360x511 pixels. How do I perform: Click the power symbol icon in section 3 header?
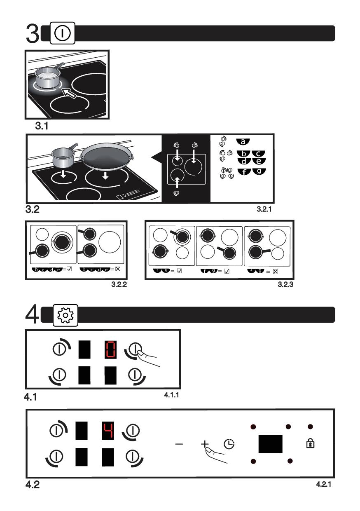(62, 33)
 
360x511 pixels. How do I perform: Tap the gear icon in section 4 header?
(65, 315)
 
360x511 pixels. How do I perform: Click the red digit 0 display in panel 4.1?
(110, 350)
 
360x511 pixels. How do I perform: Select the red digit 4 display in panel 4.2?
(108, 431)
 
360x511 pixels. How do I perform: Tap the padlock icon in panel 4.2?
(310, 443)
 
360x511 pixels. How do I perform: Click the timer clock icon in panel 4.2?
(229, 444)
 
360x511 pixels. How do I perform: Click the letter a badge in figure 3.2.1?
(243, 142)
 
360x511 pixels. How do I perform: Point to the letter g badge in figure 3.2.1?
(259, 171)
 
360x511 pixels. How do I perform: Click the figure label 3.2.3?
(285, 284)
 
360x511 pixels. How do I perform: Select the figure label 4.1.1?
(171, 395)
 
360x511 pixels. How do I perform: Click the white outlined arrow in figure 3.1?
(69, 93)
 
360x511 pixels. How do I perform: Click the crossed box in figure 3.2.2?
(118, 269)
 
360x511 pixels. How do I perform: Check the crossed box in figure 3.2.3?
(276, 272)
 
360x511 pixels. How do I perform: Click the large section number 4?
(32, 314)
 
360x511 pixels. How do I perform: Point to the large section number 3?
(33, 33)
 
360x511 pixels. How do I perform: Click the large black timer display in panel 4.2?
(270, 444)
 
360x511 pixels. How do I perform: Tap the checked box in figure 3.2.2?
(69, 269)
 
